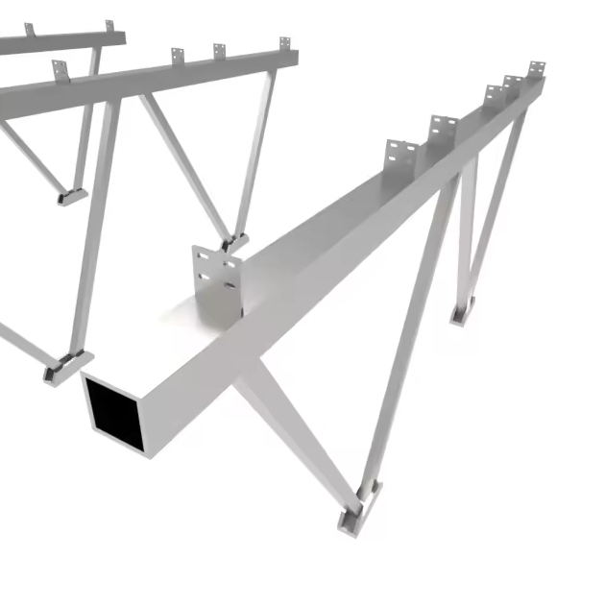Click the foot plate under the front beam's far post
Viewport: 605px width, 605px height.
pyautogui.click(x=462, y=311)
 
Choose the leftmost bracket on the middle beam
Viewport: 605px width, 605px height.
pyautogui.click(x=60, y=70)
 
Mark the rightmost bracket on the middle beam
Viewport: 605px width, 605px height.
pyautogui.click(x=284, y=44)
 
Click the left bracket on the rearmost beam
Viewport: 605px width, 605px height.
pyautogui.click(x=30, y=31)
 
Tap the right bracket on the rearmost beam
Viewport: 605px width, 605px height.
pyautogui.click(x=109, y=26)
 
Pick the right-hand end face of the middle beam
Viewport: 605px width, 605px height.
pyautogui.click(x=292, y=58)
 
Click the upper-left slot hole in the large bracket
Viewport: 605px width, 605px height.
pyautogui.click(x=202, y=260)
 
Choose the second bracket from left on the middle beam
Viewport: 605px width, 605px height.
pyautogui.click(x=177, y=56)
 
